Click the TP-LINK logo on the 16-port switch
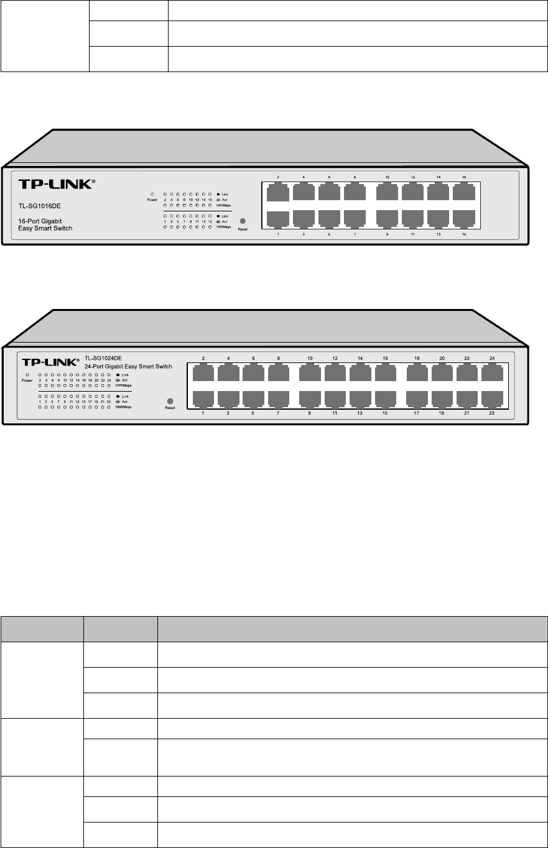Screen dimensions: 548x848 pos(55,184)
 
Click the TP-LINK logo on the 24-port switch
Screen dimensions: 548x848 pos(48,362)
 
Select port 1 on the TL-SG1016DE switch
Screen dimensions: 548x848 pos(278,219)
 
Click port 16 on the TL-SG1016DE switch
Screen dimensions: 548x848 pos(464,192)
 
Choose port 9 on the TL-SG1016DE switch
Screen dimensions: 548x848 pos(387,219)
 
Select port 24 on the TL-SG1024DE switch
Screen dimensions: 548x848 pos(491,373)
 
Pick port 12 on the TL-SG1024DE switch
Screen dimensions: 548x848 pos(335,373)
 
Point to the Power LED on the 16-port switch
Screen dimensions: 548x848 pos(152,194)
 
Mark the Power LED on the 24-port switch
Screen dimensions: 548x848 pos(27,376)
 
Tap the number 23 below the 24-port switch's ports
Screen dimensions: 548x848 pos(491,413)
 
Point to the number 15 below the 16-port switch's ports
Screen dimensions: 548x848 pos(464,234)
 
